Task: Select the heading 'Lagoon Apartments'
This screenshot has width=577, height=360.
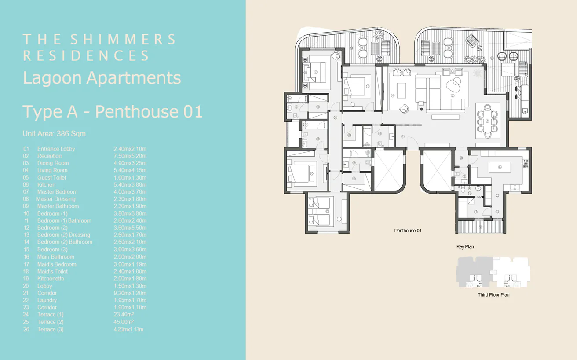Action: tap(102, 78)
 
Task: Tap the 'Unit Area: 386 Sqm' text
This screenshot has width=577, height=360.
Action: tap(54, 133)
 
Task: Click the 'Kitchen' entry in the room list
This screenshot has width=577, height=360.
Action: tap(46, 185)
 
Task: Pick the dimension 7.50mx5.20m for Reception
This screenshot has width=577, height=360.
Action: tap(130, 156)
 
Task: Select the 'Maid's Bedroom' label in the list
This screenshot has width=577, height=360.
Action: tap(57, 264)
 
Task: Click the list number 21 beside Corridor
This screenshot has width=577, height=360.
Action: tap(26, 293)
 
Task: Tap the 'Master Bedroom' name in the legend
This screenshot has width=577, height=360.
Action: tap(57, 192)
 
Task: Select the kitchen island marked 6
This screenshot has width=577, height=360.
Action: tap(500, 167)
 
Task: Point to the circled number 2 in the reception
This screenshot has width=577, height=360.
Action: tap(452, 95)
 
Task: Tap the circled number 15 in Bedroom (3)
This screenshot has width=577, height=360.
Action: tap(367, 86)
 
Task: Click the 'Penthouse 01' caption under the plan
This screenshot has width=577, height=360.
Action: tap(408, 231)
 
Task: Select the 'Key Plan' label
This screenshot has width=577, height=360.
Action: tap(465, 247)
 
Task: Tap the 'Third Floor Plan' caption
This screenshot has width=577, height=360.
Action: tap(493, 295)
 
